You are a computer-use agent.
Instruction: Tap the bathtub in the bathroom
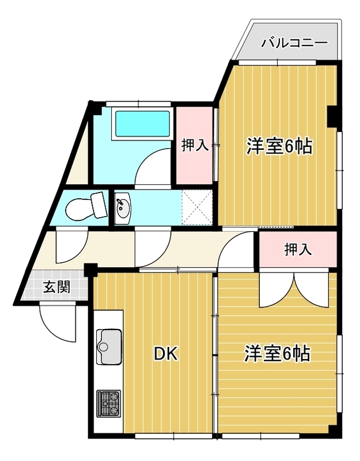click(x=142, y=124)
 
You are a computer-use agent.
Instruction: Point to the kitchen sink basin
click(x=109, y=347)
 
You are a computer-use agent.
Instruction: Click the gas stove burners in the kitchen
click(x=108, y=404)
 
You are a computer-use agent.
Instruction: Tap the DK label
click(x=166, y=354)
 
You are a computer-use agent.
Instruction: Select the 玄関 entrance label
click(x=57, y=287)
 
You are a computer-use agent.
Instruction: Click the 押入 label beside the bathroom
click(x=195, y=145)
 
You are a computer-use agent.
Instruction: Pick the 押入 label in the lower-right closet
click(x=298, y=250)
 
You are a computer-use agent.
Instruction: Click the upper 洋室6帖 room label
click(x=279, y=146)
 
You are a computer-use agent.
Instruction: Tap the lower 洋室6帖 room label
click(x=277, y=353)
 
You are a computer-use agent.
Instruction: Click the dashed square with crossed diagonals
click(x=197, y=207)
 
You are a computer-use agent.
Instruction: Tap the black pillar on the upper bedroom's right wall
click(x=332, y=116)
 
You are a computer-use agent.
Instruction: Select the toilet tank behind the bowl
click(x=99, y=205)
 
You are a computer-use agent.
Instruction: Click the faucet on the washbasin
click(x=120, y=202)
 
